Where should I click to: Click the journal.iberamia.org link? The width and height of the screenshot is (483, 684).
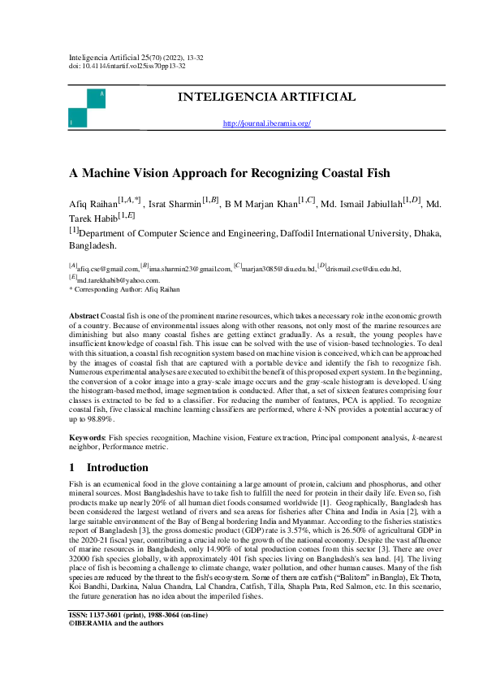(x=266, y=123)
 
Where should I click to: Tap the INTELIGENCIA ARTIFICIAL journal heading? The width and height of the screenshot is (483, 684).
(x=266, y=97)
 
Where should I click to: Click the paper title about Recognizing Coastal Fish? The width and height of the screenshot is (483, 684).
(x=229, y=172)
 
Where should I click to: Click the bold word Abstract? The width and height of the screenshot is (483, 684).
(x=84, y=314)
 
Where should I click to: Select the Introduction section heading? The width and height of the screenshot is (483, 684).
(x=118, y=468)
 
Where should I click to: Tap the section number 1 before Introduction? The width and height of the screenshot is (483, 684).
(x=72, y=468)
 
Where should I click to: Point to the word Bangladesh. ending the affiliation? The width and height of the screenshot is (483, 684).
(x=93, y=244)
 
